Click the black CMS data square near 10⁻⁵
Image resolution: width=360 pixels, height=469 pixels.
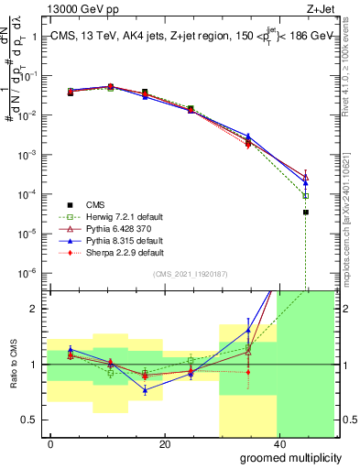click(x=306, y=213)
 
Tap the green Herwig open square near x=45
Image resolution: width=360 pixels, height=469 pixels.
click(x=306, y=196)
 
